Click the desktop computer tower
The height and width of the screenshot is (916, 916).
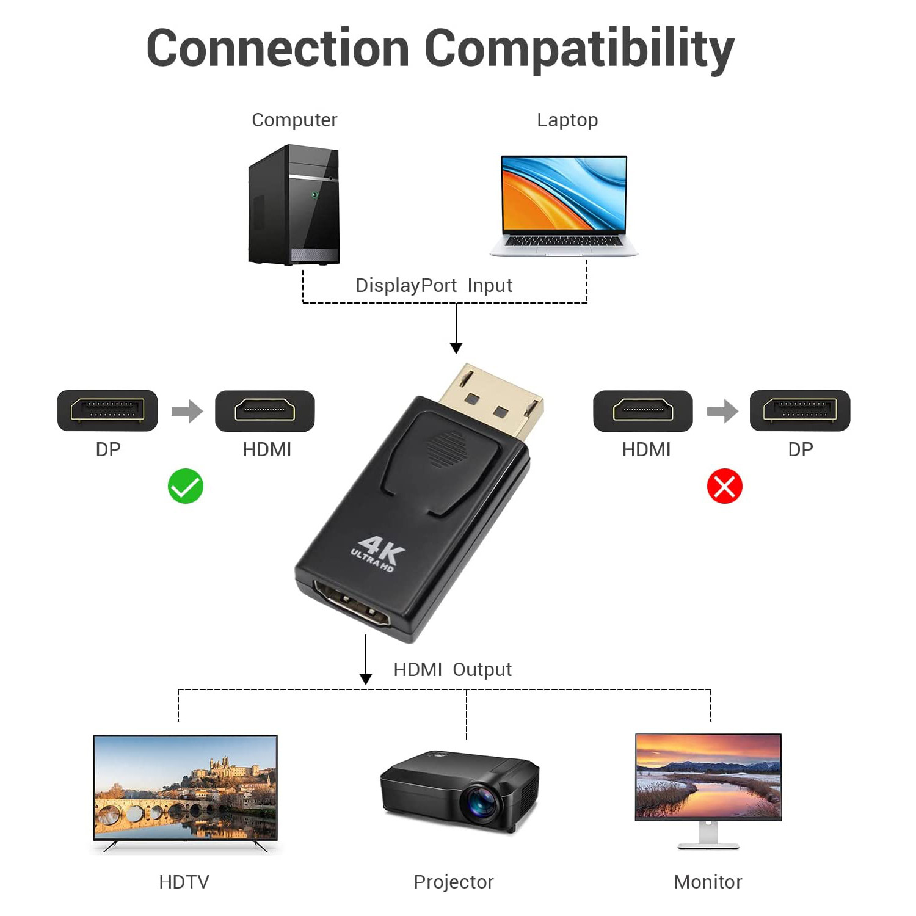294,205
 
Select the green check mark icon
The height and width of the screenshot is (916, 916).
186,486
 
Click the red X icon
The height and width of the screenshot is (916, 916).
724,486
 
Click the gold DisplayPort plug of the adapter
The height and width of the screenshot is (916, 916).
492,398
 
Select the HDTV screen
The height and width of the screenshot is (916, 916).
185,787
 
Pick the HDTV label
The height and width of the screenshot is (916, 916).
184,882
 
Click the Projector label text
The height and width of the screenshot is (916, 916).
453,882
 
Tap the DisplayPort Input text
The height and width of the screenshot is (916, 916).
434,285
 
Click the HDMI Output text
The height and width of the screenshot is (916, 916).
452,669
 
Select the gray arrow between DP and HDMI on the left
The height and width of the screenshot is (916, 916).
187,411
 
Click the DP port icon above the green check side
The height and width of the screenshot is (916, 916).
107,410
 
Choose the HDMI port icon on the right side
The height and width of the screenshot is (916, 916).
643,410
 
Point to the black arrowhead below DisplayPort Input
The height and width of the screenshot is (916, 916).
456,347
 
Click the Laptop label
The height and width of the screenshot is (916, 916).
567,120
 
